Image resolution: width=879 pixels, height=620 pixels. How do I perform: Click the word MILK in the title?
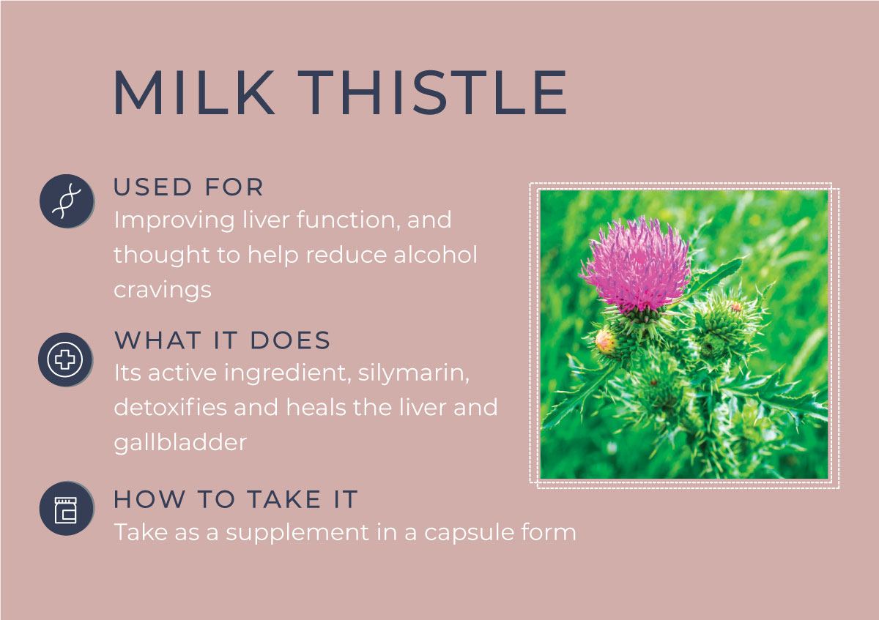pyautogui.click(x=193, y=92)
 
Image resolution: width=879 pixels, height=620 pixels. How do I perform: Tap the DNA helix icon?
pyautogui.click(x=67, y=201)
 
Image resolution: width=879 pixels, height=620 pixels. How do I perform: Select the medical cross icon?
pyautogui.click(x=65, y=359)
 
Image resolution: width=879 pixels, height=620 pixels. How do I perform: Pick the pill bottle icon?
pyautogui.click(x=67, y=509)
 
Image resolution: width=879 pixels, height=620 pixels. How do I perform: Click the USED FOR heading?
pyautogui.click(x=188, y=187)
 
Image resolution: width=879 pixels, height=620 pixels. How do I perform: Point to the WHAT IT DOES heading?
pyautogui.click(x=223, y=340)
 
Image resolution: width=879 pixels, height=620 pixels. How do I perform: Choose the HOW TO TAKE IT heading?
pyautogui.click(x=235, y=499)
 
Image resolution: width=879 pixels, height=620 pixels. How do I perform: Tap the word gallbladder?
pyautogui.click(x=180, y=444)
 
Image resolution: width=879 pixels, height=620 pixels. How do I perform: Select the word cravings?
pyautogui.click(x=163, y=291)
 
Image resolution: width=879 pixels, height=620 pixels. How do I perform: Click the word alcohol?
pyautogui.click(x=436, y=255)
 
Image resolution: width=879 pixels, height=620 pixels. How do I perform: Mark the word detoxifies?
pyautogui.click(x=170, y=408)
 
